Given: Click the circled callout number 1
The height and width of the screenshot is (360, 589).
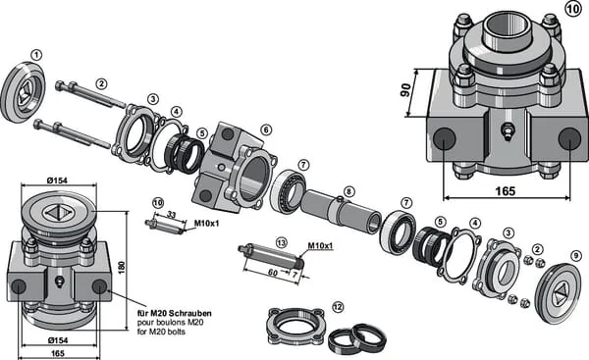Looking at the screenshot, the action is coord(36,56).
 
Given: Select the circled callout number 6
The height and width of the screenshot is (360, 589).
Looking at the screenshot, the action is coord(266,129).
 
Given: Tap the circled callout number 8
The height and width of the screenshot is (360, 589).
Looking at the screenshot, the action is coord(348,192).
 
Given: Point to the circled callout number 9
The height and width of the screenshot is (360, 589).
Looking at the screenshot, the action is coord(575,256).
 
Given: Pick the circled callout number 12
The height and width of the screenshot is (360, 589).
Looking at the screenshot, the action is coord(338,307).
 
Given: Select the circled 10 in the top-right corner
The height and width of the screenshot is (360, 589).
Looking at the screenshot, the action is coord(573,9).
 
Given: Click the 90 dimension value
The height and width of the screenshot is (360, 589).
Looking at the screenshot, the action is coord(405,90).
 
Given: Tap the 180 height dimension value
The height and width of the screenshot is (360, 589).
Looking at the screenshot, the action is coord(122,267).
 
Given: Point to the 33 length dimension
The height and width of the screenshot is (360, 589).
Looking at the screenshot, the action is coord(171,215).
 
